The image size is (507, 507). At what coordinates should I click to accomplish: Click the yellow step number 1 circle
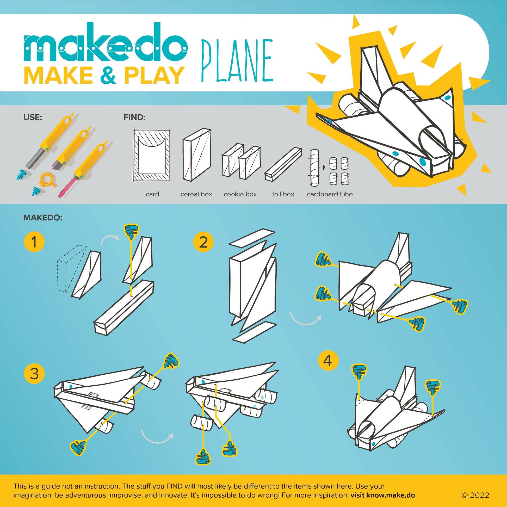pos(34,242)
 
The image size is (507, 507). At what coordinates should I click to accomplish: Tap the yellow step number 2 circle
pos(203,242)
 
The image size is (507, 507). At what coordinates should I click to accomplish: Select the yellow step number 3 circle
pos(34,373)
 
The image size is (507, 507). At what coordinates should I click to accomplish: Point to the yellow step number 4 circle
pos(328,361)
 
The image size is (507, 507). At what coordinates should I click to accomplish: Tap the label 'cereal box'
pos(196,194)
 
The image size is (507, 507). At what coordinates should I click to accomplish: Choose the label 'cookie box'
pos(240,194)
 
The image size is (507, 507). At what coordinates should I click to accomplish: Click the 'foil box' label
pos(283,194)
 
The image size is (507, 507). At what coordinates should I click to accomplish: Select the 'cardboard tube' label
pos(330,194)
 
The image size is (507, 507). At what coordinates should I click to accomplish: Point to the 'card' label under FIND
pos(152,194)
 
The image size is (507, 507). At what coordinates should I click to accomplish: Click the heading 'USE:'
pos(33,117)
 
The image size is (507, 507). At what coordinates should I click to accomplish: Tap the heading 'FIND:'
pos(134,117)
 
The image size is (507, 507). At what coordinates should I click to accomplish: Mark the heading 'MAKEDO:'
pos(43,218)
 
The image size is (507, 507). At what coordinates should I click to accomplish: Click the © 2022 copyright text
pos(475,495)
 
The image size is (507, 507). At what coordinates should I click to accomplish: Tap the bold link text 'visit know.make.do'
pos(383,495)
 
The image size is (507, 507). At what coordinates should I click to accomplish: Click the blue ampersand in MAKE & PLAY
pos(108,75)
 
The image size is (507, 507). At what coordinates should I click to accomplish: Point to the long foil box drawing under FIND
pos(283,164)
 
